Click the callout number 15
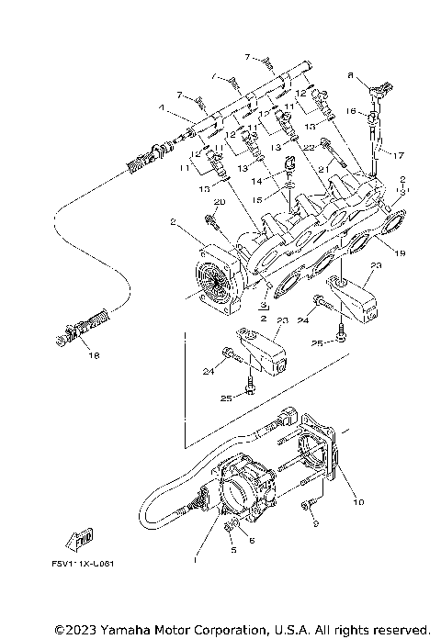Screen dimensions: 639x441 click(x=259, y=199)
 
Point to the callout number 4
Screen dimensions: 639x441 click(x=162, y=107)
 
